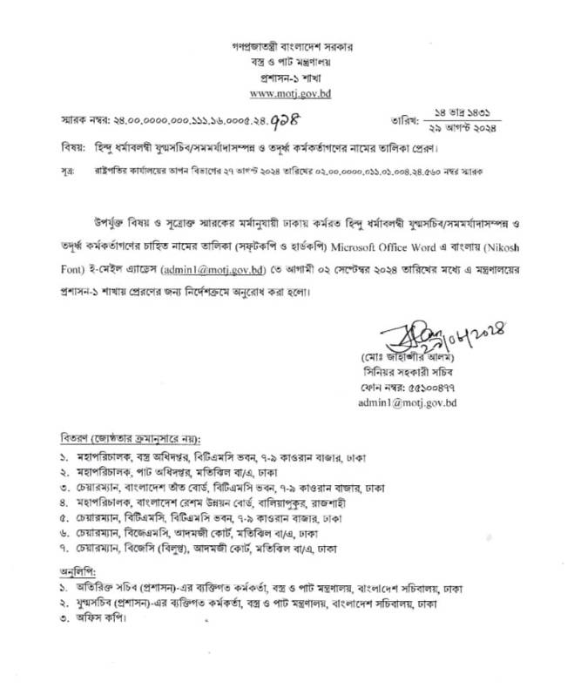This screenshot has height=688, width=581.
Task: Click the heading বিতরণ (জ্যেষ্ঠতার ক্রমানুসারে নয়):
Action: [x=131, y=436]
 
